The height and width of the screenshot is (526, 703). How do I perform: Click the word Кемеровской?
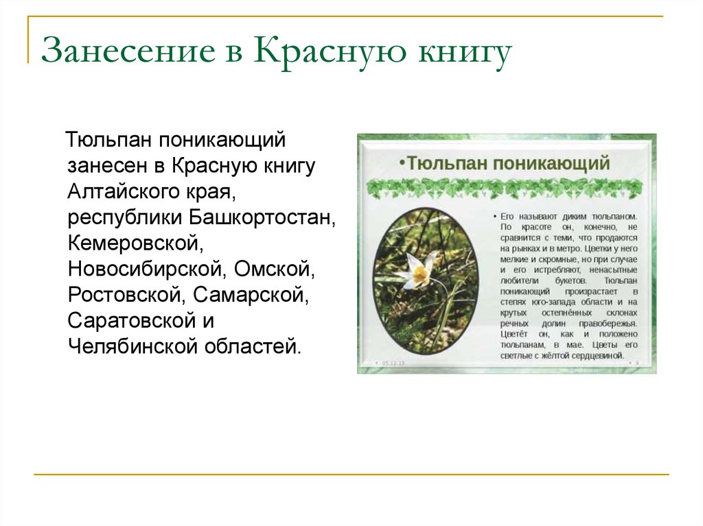(137, 243)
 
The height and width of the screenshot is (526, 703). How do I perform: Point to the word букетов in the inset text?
(573, 280)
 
